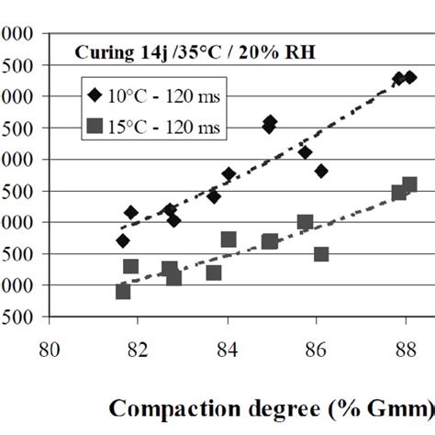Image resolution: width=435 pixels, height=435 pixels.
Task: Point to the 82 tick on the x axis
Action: pyautogui.click(x=138, y=349)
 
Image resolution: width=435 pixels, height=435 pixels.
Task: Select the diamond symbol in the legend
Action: pyautogui.click(x=95, y=95)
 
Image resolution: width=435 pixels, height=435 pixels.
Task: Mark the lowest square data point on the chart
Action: pyautogui.click(x=123, y=291)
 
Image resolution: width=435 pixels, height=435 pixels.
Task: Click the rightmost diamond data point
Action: pyautogui.click(x=410, y=78)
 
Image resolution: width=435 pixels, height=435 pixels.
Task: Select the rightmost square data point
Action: pyautogui.click(x=409, y=184)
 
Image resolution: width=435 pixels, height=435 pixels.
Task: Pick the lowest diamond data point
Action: pyautogui.click(x=123, y=240)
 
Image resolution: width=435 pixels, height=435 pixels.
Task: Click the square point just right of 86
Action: pyautogui.click(x=321, y=253)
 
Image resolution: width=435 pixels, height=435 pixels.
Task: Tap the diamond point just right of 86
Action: pyautogui.click(x=321, y=171)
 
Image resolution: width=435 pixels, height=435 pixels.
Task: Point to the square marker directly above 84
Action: pyautogui.click(x=229, y=240)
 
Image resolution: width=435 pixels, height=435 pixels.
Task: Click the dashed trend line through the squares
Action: pyautogui.click(x=266, y=244)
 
